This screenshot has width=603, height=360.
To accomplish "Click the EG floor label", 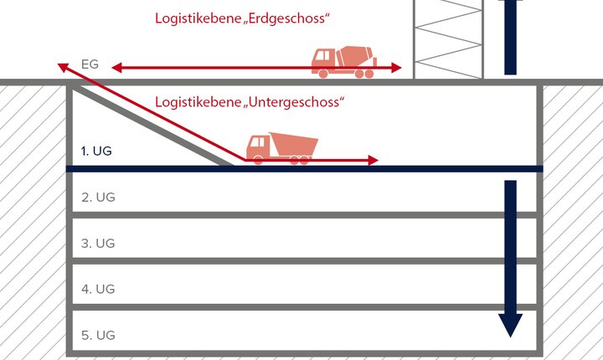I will (x=90, y=64).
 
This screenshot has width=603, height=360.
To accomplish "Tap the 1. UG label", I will (x=95, y=152).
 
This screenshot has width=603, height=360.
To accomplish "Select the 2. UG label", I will (x=98, y=198).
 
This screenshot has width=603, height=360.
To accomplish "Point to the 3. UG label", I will (x=98, y=244).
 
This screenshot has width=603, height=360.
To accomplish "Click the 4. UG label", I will (x=98, y=289).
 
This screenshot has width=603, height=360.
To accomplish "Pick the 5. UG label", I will (x=98, y=335).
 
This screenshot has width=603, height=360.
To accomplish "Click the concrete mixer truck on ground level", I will (x=343, y=62).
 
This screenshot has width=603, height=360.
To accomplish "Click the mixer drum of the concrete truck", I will (x=356, y=56).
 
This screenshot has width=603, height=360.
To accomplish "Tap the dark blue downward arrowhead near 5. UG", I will (x=508, y=324).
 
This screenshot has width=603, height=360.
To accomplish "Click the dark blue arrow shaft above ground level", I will (x=509, y=37).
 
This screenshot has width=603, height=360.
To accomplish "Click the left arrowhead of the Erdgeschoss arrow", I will (x=117, y=67).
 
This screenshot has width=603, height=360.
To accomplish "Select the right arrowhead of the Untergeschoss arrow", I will (x=373, y=160).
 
